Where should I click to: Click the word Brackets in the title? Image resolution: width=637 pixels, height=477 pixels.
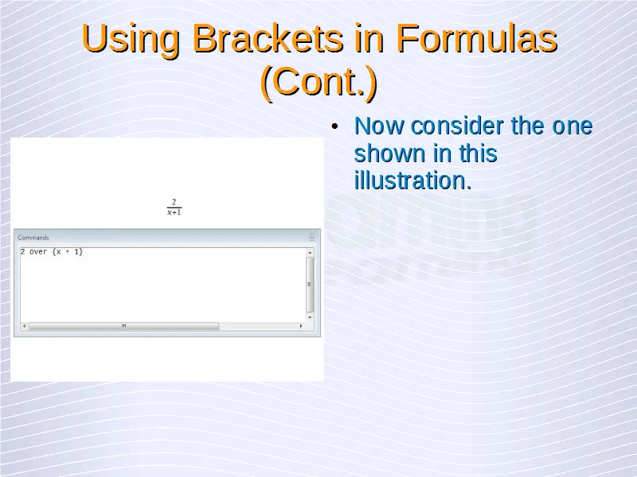point(268,38)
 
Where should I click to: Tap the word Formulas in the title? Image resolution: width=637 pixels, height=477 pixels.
point(476,38)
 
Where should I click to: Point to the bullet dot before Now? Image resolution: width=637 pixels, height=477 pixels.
point(334,126)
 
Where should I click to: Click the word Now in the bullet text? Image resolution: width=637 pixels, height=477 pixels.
point(380,126)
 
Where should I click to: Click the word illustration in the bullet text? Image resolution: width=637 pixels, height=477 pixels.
point(410,180)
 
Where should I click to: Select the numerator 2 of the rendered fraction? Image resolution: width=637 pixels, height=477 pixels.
point(174,202)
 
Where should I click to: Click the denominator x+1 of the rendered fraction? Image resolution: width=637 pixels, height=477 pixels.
point(174,212)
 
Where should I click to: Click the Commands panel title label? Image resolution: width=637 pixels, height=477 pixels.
point(33,238)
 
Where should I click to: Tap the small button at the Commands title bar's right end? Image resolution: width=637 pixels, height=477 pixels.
point(312,237)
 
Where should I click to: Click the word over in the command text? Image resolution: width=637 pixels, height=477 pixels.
point(38,252)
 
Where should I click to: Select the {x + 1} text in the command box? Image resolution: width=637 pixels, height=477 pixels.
point(68,252)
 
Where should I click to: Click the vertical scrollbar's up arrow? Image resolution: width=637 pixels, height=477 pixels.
point(310,252)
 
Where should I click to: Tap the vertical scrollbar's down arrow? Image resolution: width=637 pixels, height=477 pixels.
point(310,317)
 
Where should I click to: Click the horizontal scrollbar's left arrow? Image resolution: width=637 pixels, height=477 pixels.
point(25,326)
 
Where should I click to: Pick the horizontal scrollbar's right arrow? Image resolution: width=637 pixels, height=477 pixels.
point(301,326)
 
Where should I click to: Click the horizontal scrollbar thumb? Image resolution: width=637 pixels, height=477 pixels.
point(124,326)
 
